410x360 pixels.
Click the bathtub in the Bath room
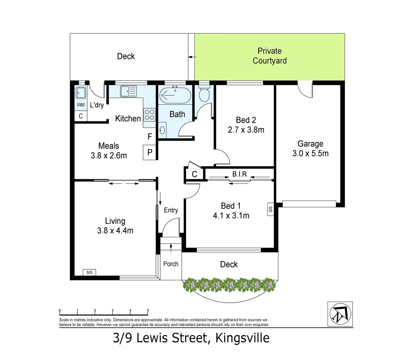point(175,95)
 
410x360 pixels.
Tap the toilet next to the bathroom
point(204,95)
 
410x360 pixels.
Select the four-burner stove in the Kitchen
point(149,115)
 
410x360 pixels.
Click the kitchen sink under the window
point(128,91)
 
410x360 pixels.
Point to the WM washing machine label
point(81,105)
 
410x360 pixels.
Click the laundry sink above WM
point(81,93)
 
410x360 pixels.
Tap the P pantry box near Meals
point(150,152)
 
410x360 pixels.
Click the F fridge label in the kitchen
point(150,137)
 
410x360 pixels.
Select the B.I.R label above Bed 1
point(239,174)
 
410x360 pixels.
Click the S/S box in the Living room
point(89,272)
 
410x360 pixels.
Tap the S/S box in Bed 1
point(270,209)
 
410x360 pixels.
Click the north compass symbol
point(340,314)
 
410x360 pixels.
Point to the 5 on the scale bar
point(148,310)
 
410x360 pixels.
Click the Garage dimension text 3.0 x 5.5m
point(310,153)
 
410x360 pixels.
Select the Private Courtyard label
point(269,56)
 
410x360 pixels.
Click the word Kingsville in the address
point(242,338)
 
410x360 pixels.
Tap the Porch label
point(171,264)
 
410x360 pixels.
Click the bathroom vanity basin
point(162,130)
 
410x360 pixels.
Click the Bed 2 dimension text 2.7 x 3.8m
point(246,130)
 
